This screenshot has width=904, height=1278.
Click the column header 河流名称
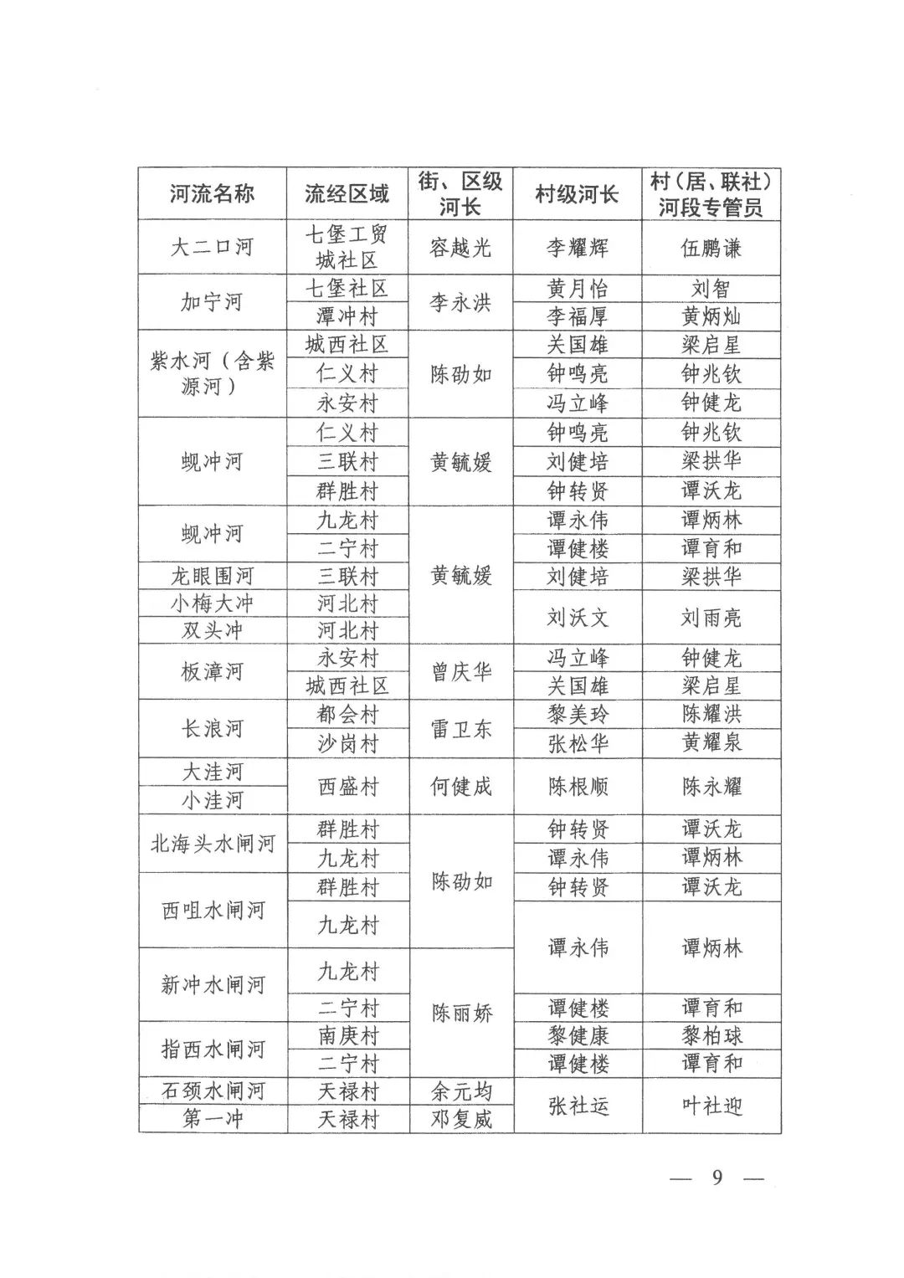212,195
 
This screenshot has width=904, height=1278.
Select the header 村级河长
577,195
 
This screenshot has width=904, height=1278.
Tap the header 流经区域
347,195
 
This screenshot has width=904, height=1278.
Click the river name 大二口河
212,248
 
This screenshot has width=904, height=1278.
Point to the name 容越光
460,248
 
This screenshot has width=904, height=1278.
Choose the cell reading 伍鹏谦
711,248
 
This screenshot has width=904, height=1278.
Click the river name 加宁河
212,302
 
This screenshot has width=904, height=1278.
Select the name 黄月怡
577,289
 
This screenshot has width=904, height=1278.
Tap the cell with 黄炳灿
711,316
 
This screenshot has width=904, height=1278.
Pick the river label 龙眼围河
212,576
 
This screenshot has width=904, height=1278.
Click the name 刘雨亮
711,618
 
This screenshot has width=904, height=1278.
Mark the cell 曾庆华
460,672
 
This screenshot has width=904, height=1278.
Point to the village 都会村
347,715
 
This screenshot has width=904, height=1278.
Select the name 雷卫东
460,729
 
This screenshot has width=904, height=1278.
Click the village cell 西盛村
347,787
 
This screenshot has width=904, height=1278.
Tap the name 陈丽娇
460,1014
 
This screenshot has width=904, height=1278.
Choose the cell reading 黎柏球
711,1036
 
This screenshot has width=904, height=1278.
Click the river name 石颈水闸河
212,1091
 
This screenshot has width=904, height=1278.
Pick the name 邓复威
460,1119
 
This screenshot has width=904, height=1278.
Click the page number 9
717,1178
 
